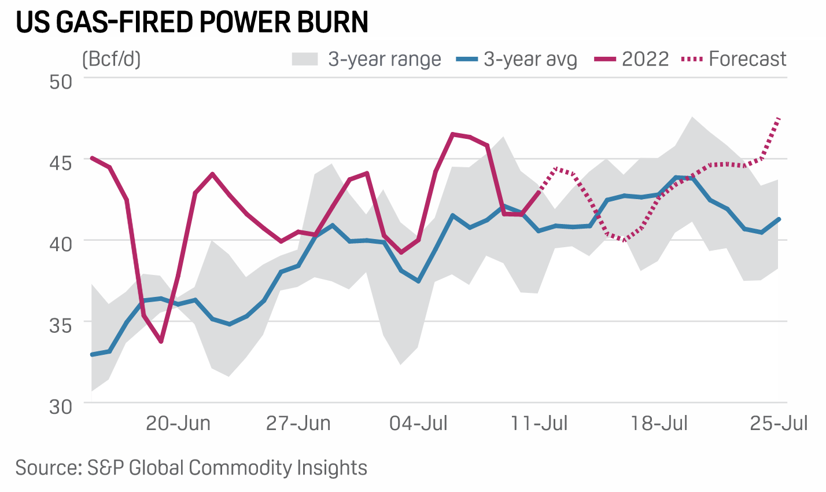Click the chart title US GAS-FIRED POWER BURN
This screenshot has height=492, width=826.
192,22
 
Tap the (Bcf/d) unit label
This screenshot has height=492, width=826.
112,59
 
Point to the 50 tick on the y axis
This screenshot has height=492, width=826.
60,81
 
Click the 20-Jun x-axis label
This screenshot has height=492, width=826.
178,424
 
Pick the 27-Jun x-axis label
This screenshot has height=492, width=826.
298,424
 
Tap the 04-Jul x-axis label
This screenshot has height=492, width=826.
418,424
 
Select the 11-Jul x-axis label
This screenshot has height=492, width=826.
539,424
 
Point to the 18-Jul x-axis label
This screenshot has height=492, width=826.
659,424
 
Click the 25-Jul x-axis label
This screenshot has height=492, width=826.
779,424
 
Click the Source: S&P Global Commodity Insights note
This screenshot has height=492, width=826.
191,468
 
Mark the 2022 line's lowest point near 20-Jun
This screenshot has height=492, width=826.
161,342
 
